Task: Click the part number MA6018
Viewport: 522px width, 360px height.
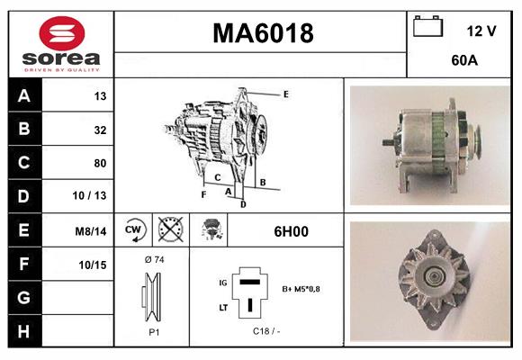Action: pos(262,34)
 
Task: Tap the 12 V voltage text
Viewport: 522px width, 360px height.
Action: pos(481,31)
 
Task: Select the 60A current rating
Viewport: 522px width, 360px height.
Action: pos(463,62)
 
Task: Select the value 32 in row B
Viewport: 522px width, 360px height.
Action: pos(101,130)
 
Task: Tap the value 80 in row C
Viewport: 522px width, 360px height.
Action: pos(101,163)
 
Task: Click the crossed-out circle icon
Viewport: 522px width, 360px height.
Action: pos(168,230)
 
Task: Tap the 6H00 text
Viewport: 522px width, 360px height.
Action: pos(291,231)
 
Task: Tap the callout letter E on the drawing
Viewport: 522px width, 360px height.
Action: pos(285,94)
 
